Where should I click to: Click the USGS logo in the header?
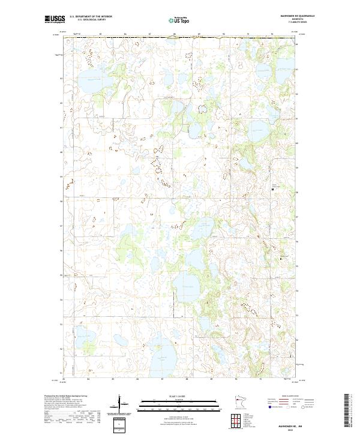(x=55, y=19)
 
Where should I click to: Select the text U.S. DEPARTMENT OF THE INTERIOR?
(x=91, y=16)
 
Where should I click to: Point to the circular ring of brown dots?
(x=202, y=109)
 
